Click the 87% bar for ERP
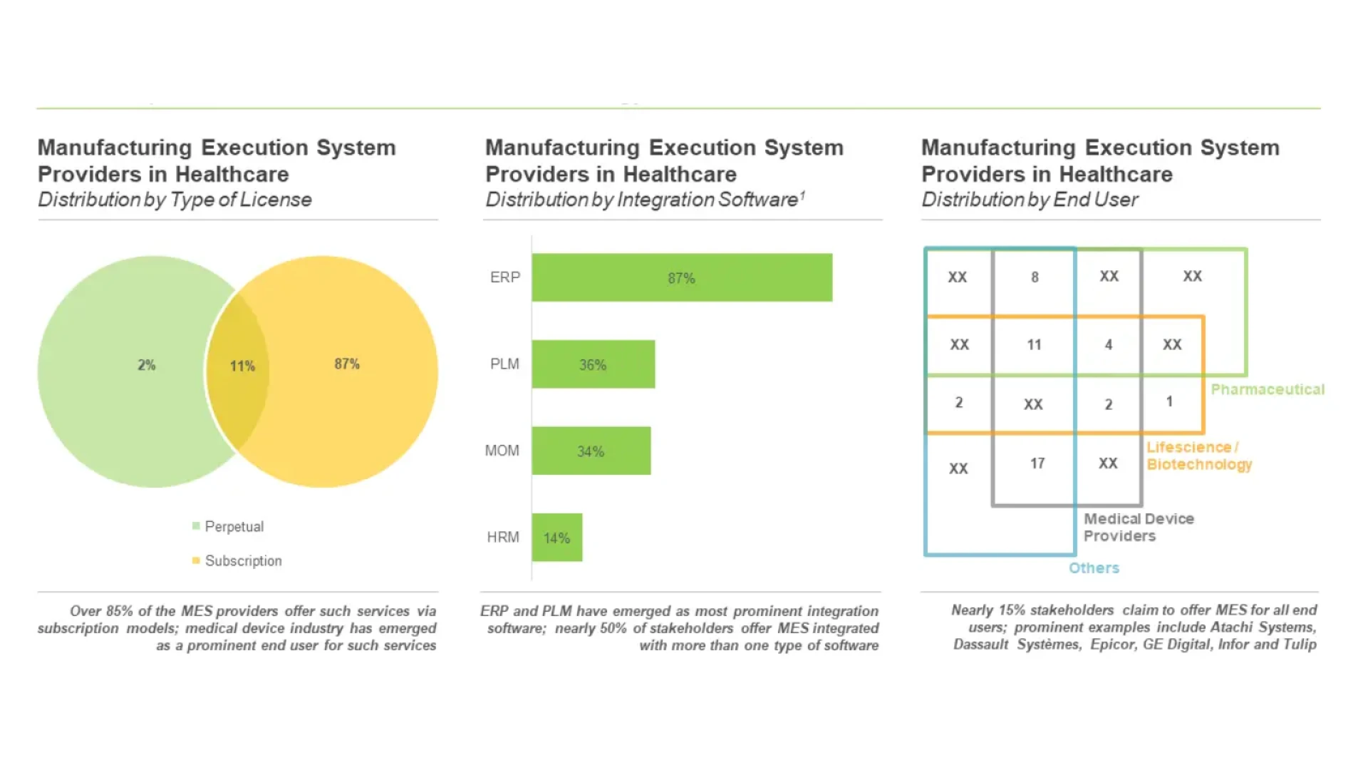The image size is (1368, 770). point(681,277)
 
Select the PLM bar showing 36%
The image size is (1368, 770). point(593,364)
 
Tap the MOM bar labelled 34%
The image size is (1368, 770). point(591,451)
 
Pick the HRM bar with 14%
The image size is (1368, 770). point(556,538)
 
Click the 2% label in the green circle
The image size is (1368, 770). point(146,365)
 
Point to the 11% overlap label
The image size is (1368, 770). point(242,366)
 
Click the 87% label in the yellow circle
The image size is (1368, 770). point(347,364)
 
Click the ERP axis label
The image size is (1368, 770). point(504,277)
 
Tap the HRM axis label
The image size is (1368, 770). point(502,538)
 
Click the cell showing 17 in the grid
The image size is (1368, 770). point(1037,463)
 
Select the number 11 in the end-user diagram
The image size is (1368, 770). point(1034,345)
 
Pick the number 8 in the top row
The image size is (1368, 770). point(1035,277)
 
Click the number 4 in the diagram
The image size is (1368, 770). point(1108,345)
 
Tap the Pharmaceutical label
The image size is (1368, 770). point(1267,389)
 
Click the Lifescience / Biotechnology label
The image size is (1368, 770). point(1198,456)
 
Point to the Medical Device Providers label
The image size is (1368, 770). point(1138,527)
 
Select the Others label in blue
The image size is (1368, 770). point(1094,568)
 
